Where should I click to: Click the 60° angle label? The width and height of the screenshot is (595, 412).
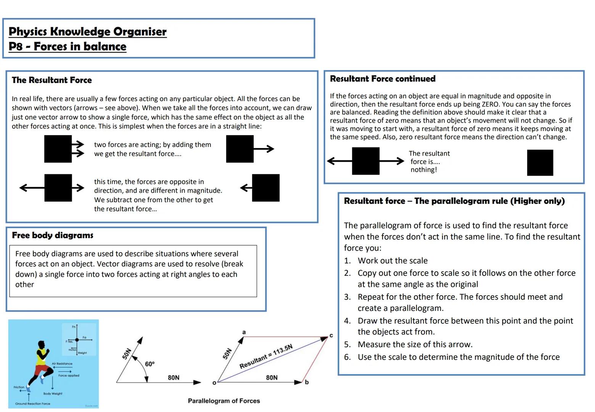point(150,364)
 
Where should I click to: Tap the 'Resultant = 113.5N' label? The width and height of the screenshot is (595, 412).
point(266,356)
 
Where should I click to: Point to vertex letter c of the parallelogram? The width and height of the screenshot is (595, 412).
point(331,335)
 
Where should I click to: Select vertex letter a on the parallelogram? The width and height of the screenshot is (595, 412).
point(244,332)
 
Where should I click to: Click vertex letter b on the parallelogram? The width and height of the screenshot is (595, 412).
point(307,382)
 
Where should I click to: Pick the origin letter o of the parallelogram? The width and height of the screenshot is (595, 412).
point(214,383)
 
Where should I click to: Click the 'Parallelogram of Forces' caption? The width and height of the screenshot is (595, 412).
point(224,401)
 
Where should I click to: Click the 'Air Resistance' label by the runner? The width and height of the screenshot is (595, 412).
point(62,364)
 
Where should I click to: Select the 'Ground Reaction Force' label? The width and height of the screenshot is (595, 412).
point(32,404)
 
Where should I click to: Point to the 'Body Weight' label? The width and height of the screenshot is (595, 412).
point(53,393)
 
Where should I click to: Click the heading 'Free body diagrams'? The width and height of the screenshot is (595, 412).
point(53,235)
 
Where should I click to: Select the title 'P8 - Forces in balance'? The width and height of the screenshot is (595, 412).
point(68,47)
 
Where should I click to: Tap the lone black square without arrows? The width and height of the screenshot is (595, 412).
point(540,163)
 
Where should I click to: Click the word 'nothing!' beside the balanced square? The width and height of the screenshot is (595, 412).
point(423,170)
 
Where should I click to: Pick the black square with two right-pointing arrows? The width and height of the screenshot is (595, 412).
point(58,149)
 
